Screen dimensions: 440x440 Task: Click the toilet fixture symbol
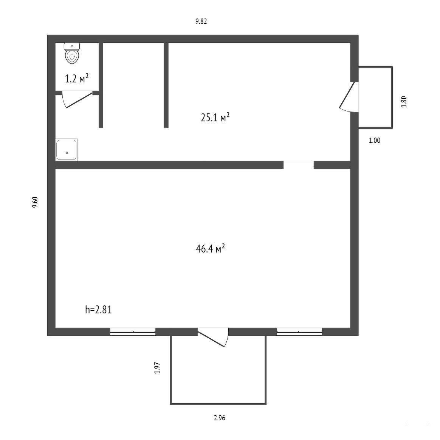pos(72,53)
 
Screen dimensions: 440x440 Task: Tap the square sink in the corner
pos(67,150)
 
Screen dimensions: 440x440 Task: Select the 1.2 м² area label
pos(77,79)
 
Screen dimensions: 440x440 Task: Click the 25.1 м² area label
pos(215,117)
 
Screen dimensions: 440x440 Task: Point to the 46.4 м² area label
pos(211,248)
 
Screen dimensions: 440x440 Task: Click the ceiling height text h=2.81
pos(99,310)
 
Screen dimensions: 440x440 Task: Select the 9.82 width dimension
pos(201,21)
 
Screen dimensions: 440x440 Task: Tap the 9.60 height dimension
pos(35,202)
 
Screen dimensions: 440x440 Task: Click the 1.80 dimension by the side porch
pos(404,102)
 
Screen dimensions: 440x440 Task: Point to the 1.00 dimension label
pos(375,140)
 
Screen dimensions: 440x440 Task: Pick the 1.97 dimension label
pos(157,367)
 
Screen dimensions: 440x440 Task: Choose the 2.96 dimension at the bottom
pos(220,418)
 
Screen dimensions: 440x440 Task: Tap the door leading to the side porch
pos(349,97)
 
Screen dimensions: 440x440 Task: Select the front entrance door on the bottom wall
pos(213,337)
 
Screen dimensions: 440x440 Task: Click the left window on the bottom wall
pos(133,332)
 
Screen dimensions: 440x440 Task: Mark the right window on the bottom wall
pos(299,332)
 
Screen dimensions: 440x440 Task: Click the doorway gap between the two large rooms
pos(299,165)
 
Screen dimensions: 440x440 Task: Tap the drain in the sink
pos(67,153)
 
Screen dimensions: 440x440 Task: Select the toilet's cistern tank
pos(72,46)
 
